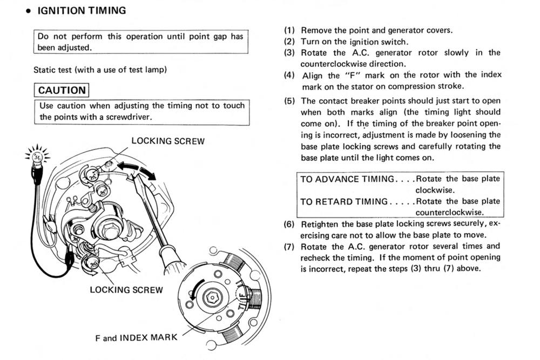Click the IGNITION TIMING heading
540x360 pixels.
click(x=82, y=10)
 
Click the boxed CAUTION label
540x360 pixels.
click(x=62, y=90)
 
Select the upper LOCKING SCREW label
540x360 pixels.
click(x=168, y=141)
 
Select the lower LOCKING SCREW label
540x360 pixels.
click(x=126, y=290)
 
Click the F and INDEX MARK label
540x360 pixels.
click(x=136, y=338)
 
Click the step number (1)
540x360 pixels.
click(x=289, y=30)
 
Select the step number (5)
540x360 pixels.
click(x=289, y=101)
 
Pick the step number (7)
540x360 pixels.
click(x=289, y=246)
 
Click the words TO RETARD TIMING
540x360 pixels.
click(x=343, y=201)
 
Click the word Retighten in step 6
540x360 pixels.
click(x=321, y=223)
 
